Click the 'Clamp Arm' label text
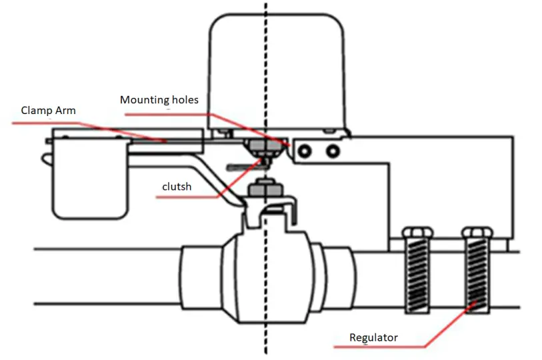pyautogui.click(x=48, y=110)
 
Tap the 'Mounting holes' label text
pyautogui.click(x=159, y=100)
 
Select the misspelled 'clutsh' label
pyautogui.click(x=177, y=187)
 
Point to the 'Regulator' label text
pyautogui.click(x=373, y=337)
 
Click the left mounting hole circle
pyautogui.click(x=305, y=152)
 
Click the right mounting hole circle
pyautogui.click(x=331, y=152)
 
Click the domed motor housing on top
pyautogui.click(x=279, y=67)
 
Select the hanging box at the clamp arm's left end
pyautogui.click(x=89, y=180)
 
